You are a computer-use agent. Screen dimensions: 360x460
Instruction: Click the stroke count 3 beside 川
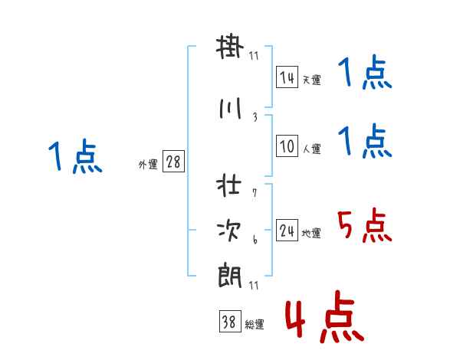[x=255, y=117]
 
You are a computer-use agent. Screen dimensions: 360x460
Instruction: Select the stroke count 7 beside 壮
[x=255, y=193]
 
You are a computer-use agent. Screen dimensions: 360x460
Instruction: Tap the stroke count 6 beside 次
[x=255, y=239]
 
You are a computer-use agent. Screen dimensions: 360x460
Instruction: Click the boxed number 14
[x=287, y=77]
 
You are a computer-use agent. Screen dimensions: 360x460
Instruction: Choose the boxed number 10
[x=287, y=146]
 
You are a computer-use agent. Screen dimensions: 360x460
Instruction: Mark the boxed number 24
[x=287, y=231]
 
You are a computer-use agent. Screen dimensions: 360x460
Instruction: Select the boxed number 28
[x=172, y=162]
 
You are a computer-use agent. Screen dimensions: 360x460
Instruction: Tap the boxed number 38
[x=228, y=322]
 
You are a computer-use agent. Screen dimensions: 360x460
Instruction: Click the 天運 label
[x=311, y=80]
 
